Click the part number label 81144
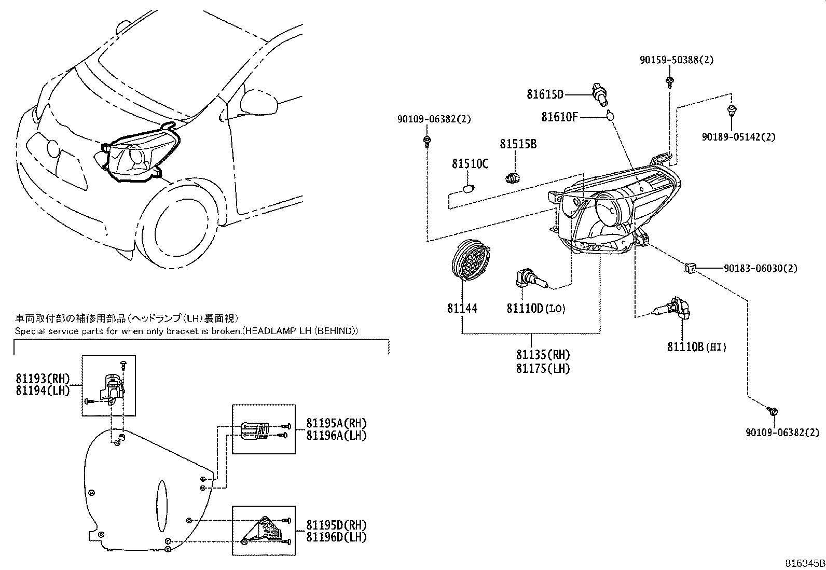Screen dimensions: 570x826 tap(462, 309)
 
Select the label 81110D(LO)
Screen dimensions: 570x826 tap(536, 309)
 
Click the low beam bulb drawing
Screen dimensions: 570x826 tap(529, 281)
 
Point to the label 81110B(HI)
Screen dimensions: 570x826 tap(696, 347)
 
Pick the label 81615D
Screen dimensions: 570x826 tap(545, 94)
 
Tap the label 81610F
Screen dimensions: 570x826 tap(559, 117)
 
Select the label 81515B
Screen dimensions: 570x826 tap(518, 144)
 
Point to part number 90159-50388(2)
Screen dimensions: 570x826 tap(676, 60)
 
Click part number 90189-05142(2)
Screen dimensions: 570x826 tap(738, 137)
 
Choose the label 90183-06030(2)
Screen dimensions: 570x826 tap(761, 268)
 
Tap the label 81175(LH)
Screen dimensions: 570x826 tap(543, 368)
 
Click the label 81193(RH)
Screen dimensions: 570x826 tap(43, 379)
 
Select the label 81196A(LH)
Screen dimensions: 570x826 tap(336, 436)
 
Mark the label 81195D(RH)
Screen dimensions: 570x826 tap(336, 524)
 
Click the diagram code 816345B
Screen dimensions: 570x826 tap(804, 563)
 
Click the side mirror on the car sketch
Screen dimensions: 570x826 tap(260, 102)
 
